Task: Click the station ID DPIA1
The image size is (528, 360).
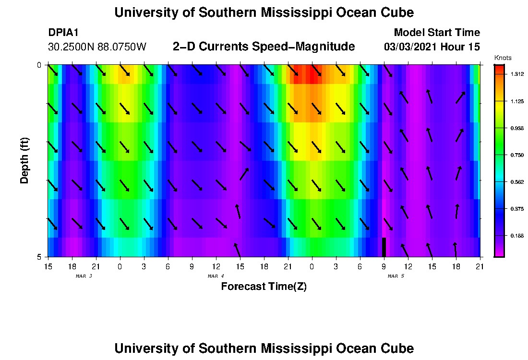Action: (64, 33)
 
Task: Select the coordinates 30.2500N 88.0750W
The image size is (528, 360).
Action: (97, 47)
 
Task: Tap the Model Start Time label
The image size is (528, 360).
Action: (436, 33)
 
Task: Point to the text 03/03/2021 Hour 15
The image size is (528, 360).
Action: (432, 47)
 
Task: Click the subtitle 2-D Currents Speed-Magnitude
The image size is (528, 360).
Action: (264, 47)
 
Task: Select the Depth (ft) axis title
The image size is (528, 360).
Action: (24, 160)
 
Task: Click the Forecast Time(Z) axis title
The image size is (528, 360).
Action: (264, 287)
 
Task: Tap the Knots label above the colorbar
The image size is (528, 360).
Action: (503, 58)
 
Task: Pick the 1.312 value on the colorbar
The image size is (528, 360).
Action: (517, 73)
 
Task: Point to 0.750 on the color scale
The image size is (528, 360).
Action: (517, 155)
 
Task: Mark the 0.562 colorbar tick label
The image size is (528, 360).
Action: (517, 182)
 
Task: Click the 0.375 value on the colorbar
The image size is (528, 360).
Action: (517, 209)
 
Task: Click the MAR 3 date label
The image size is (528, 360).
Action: (84, 276)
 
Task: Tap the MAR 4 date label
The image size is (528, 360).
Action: (216, 276)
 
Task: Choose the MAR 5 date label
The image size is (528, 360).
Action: (396, 276)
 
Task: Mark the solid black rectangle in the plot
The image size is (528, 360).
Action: (384, 247)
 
